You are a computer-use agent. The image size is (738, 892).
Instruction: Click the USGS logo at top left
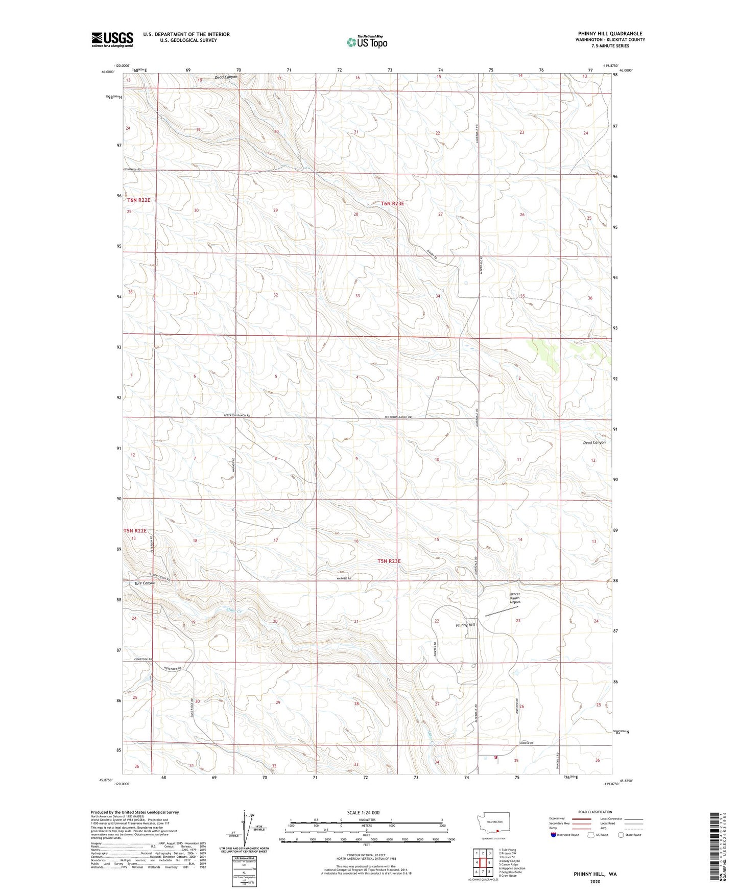(x=112, y=39)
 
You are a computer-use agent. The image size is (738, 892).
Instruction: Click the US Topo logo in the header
(x=366, y=42)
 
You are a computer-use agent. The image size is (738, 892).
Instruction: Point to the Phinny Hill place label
(x=465, y=625)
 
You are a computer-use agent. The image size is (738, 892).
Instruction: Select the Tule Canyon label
(x=145, y=583)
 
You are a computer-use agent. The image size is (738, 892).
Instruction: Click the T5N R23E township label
(x=389, y=561)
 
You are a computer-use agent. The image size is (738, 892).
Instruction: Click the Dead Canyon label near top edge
(x=226, y=77)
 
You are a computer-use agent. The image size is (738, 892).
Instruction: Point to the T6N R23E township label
(x=392, y=203)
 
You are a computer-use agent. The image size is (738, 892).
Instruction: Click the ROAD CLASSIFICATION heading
(x=596, y=812)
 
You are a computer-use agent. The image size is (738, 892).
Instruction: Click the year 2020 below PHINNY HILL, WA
(x=595, y=881)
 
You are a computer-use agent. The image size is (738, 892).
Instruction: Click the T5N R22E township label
(x=135, y=531)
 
